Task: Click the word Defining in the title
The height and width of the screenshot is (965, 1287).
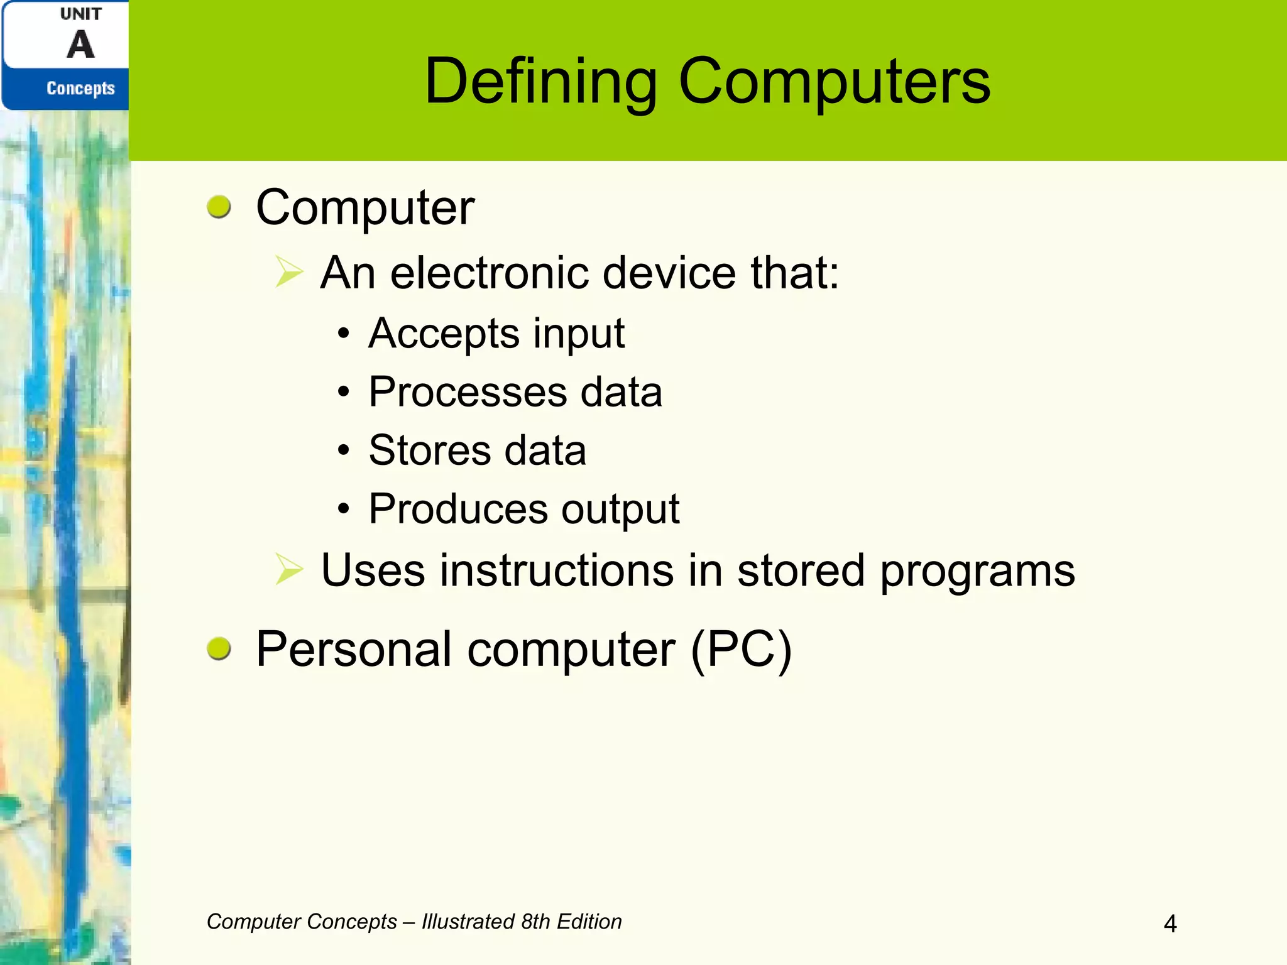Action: pyautogui.click(x=540, y=82)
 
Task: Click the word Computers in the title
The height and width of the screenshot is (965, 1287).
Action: pyautogui.click(x=835, y=82)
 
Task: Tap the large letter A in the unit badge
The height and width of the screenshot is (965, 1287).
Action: pyautogui.click(x=80, y=45)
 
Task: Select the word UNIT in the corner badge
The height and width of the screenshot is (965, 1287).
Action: pyautogui.click(x=80, y=14)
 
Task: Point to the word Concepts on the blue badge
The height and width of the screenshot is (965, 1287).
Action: pyautogui.click(x=80, y=89)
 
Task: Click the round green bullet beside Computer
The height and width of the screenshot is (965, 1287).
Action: pyautogui.click(x=219, y=207)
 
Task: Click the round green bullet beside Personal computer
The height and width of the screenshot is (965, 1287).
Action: pyautogui.click(x=219, y=648)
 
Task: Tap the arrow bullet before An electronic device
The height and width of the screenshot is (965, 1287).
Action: pyautogui.click(x=289, y=273)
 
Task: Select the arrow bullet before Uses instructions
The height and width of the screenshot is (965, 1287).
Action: pyautogui.click(x=289, y=570)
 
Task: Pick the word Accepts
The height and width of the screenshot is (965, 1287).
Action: pyautogui.click(x=444, y=333)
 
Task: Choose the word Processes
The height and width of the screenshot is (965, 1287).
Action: pyautogui.click(x=468, y=392)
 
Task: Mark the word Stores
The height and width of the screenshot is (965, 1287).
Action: pyautogui.click(x=429, y=450)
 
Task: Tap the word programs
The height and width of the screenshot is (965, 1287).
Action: pyautogui.click(x=977, y=572)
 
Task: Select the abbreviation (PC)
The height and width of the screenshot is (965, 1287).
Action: pyautogui.click(x=741, y=650)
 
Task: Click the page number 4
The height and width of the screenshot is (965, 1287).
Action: pyautogui.click(x=1170, y=924)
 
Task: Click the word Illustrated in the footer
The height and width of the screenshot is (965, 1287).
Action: pyautogui.click(x=468, y=922)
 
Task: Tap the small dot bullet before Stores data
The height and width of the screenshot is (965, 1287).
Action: pyautogui.click(x=343, y=450)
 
